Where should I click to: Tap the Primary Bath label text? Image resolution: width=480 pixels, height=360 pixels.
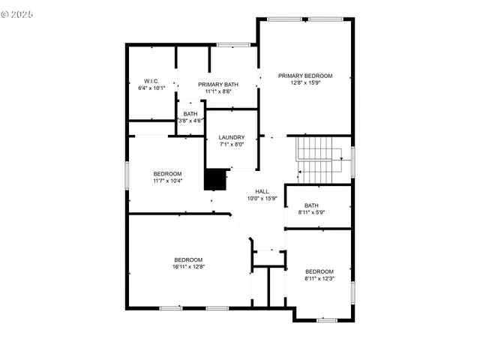pyautogui.click(x=218, y=84)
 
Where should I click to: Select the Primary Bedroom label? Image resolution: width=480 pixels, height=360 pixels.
pyautogui.click(x=305, y=76)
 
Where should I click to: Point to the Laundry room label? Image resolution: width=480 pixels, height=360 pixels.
pyautogui.click(x=232, y=137)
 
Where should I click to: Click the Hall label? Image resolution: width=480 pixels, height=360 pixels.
pyautogui.click(x=262, y=191)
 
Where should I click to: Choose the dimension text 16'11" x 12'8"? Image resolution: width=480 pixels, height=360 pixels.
pyautogui.click(x=188, y=266)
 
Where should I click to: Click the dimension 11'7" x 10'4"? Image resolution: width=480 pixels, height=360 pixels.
pyautogui.click(x=167, y=181)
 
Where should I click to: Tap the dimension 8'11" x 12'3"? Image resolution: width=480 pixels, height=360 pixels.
pyautogui.click(x=319, y=278)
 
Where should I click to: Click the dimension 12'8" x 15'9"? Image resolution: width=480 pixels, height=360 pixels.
pyautogui.click(x=305, y=83)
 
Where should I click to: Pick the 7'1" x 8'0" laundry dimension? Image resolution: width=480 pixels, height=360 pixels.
pyautogui.click(x=232, y=145)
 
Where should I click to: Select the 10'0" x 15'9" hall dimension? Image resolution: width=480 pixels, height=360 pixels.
pyautogui.click(x=262, y=199)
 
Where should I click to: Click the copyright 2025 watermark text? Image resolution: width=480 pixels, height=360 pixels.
pyautogui.click(x=18, y=14)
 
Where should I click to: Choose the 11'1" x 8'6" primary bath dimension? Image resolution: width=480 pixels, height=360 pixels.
pyautogui.click(x=218, y=91)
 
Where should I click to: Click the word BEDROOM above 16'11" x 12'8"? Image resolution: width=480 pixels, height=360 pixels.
pyautogui.click(x=188, y=259)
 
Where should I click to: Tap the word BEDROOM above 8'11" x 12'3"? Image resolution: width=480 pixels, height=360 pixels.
pyautogui.click(x=319, y=271)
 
